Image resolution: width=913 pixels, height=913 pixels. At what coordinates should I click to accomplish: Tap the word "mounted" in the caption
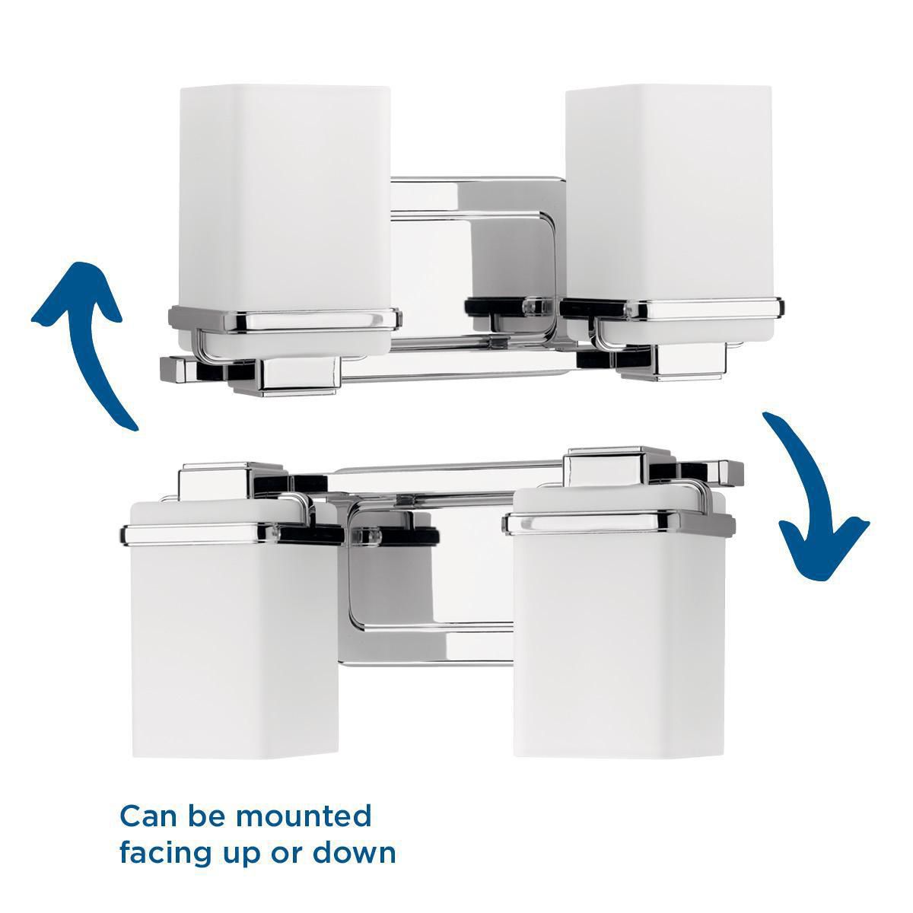pyautogui.click(x=304, y=816)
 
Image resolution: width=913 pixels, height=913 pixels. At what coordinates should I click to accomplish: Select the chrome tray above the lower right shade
pyautogui.click(x=620, y=521)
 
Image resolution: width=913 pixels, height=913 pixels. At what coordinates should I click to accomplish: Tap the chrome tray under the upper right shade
pyautogui.click(x=670, y=309)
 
